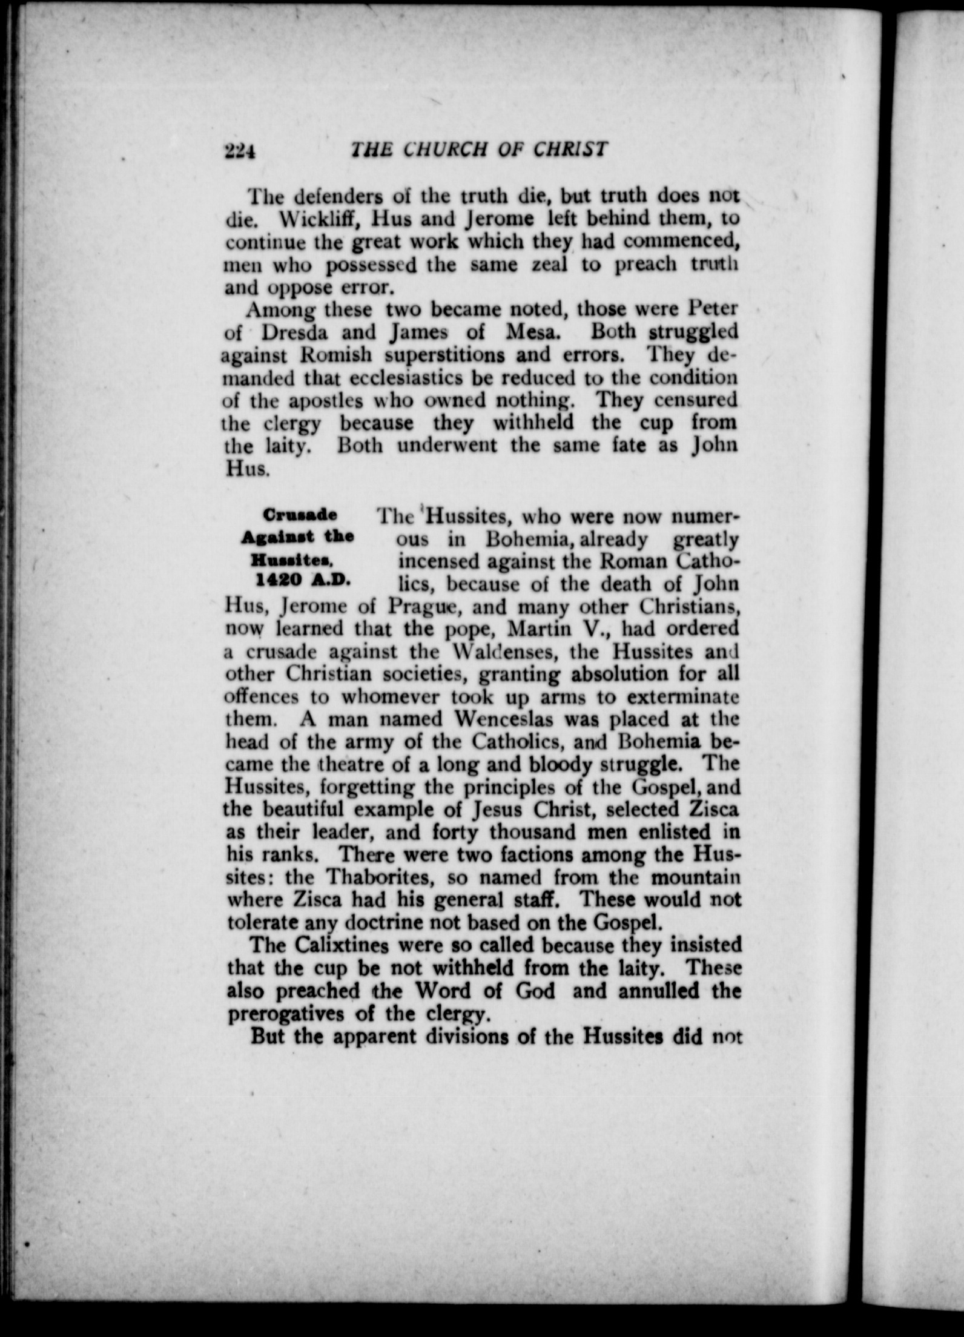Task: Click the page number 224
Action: (240, 151)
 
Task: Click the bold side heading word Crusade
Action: (300, 515)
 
